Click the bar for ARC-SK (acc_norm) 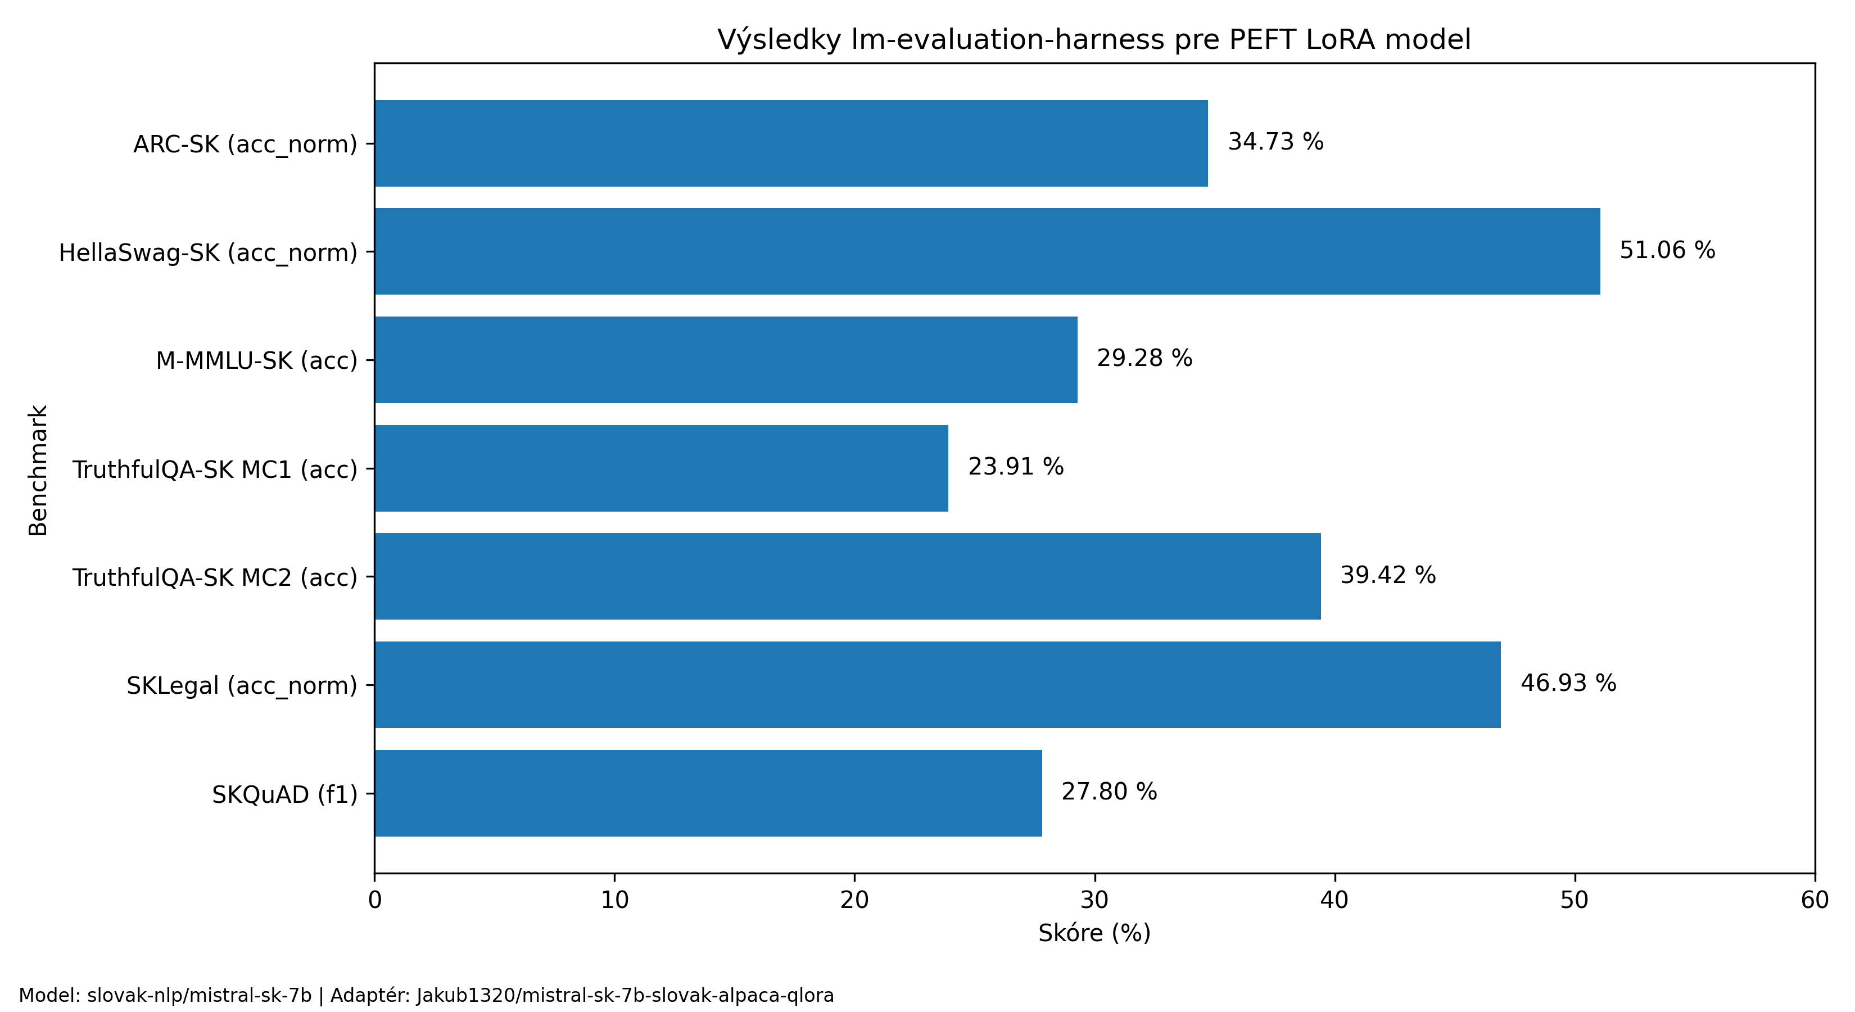coord(791,143)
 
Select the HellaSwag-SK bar coord(987,251)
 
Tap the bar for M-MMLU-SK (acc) coord(726,359)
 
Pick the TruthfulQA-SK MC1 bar coord(661,468)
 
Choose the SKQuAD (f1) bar coord(708,793)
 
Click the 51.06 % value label coord(1667,250)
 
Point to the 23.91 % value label coord(1015,467)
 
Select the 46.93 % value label coord(1568,683)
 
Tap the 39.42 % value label coord(1388,575)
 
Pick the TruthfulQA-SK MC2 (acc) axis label coord(215,577)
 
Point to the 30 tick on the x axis coord(1094,900)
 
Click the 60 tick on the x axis coord(1815,900)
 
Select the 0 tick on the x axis coord(374,900)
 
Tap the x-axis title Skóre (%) coord(1094,933)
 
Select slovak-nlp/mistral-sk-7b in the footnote coord(200,996)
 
